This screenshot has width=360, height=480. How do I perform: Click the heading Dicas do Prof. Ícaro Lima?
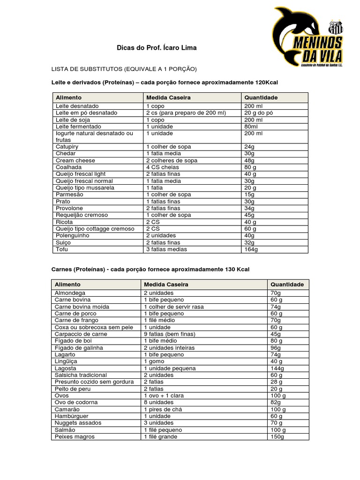click(x=157, y=48)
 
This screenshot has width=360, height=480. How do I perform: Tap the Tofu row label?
click(x=62, y=249)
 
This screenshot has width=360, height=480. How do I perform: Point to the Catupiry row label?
click(x=67, y=147)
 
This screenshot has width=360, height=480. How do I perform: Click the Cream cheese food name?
click(x=75, y=160)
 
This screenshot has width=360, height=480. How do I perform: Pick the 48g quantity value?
click(x=249, y=160)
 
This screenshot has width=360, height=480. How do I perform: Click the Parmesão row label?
click(x=69, y=195)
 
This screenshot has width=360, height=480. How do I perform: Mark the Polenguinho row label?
click(x=73, y=235)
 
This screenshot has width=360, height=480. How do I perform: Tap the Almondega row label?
click(x=70, y=293)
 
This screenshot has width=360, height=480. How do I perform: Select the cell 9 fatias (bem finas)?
click(x=169, y=334)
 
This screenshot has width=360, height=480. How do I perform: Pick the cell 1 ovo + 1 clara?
click(x=165, y=396)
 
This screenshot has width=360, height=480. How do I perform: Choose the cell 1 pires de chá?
click(x=163, y=409)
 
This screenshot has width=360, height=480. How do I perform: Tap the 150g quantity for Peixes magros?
click(x=277, y=437)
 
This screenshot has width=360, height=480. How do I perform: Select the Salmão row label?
click(x=65, y=430)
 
